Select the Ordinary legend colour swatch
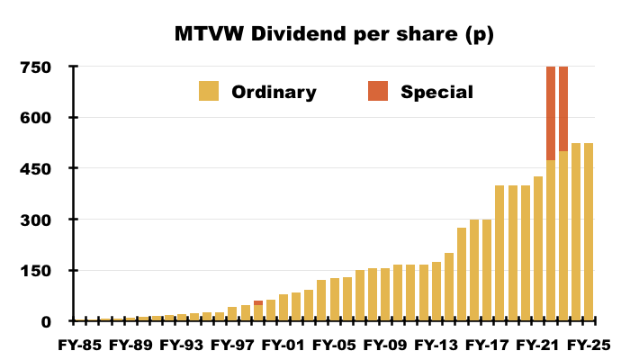tap(210, 91)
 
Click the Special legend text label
tap(436, 91)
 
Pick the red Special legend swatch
tap(378, 91)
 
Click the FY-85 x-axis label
tap(79, 344)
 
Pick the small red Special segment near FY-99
tap(258, 302)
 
